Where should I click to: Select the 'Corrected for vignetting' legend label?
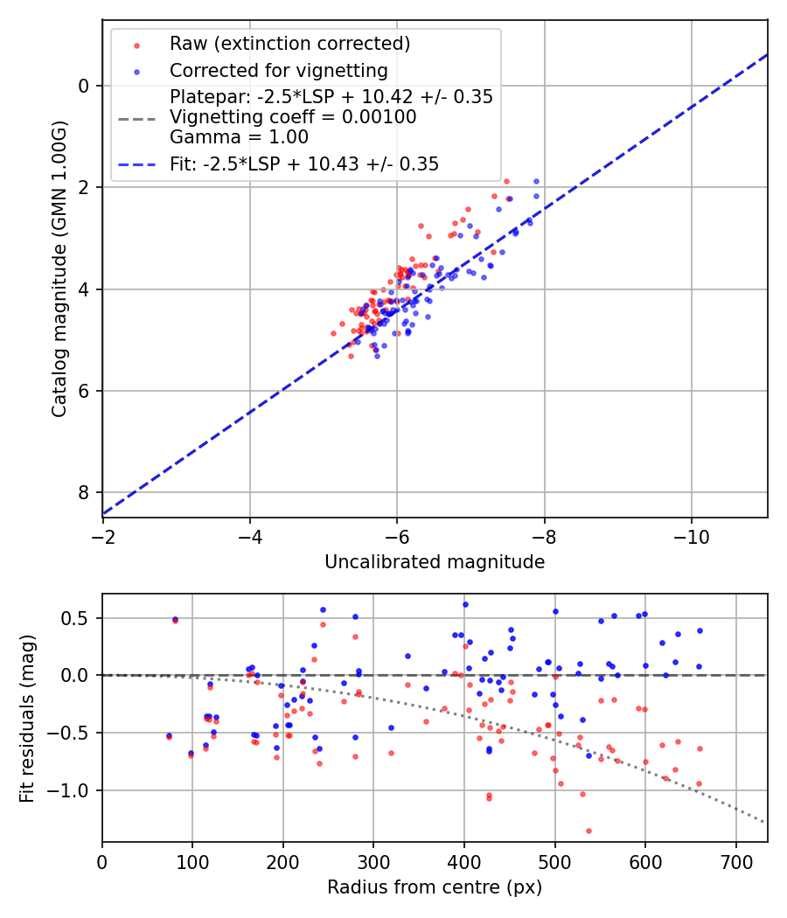point(278,70)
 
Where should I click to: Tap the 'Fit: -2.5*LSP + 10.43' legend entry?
point(304,163)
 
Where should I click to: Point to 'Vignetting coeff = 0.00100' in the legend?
point(293,117)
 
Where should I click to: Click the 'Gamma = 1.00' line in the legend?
point(239,136)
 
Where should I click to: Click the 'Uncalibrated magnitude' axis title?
point(435,562)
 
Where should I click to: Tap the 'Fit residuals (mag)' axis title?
point(27,718)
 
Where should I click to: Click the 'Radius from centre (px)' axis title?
point(435,887)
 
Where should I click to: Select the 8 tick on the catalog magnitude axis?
point(85,492)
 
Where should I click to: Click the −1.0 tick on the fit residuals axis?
point(74,790)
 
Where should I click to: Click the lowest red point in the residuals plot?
point(589,831)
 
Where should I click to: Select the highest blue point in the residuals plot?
point(465,604)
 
